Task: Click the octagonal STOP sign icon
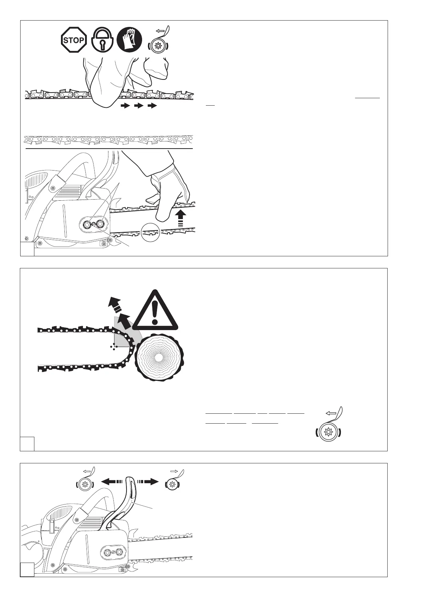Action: [74, 40]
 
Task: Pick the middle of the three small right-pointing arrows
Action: [139, 105]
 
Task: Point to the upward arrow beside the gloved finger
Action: [181, 216]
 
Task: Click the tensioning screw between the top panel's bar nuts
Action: [94, 224]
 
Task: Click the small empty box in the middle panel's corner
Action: [27, 443]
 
